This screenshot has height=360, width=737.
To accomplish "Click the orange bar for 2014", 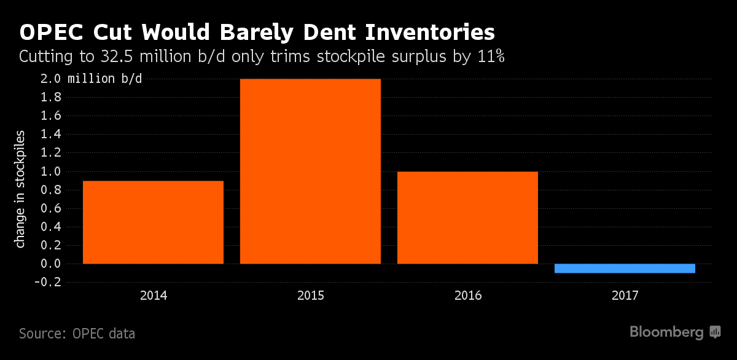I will point(153,222).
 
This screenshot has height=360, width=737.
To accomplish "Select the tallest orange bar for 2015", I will point(310,171).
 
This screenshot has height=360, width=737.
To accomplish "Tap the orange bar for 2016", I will point(467,217).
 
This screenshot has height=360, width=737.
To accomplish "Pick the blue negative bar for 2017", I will point(625,268).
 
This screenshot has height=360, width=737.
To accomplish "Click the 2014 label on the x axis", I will point(153,295).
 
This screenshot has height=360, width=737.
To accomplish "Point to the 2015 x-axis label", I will point(310,295).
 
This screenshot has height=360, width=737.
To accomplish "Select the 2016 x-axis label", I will point(467,295).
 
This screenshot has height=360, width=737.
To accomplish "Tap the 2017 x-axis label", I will point(625,295).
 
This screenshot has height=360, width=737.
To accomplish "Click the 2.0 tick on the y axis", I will point(52,79).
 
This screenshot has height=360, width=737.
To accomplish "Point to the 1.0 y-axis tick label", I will point(52,171).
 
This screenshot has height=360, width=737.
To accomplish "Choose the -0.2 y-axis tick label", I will point(49,282).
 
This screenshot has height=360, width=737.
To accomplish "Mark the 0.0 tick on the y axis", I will point(52,264).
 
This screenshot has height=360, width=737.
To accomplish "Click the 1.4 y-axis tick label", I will point(52,134).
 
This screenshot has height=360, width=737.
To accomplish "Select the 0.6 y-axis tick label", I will point(52,208).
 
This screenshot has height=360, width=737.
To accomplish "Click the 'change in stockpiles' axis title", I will point(21,189).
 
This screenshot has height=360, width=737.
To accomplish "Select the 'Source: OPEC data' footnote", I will point(77,334).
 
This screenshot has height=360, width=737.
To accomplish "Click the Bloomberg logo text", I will point(666,332).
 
